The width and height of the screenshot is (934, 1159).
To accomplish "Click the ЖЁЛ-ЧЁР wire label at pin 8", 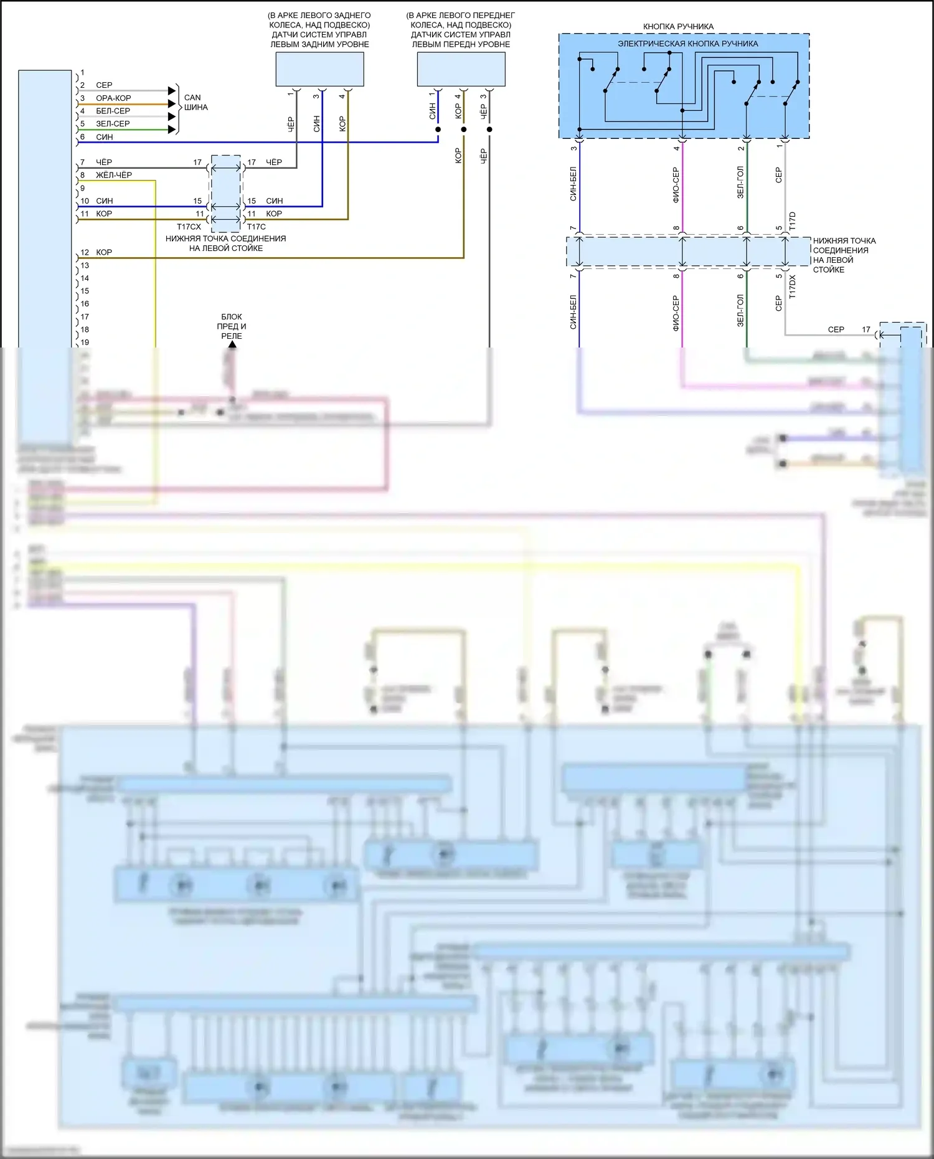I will tap(113, 175).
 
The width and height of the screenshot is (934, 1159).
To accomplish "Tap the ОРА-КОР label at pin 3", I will tap(113, 98).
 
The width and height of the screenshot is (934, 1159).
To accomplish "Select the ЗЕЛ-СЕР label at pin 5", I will tap(113, 124).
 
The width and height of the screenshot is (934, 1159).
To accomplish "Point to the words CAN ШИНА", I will tap(196, 102).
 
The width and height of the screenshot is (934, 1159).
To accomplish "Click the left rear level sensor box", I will tap(319, 69).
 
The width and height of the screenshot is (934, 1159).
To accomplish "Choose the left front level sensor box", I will tap(461, 69).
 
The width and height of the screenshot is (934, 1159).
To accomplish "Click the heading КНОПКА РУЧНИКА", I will tap(678, 27).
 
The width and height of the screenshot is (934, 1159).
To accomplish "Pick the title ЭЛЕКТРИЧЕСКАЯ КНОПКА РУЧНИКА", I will tap(687, 44).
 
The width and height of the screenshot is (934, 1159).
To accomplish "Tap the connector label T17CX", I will tap(189, 227).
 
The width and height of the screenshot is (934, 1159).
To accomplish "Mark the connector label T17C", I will tap(257, 227).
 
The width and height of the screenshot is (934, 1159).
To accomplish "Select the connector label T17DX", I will tap(793, 287).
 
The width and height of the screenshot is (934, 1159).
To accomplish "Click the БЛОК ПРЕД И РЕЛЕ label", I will tap(232, 326).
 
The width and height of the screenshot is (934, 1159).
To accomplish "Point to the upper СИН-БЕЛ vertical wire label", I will tap(573, 183).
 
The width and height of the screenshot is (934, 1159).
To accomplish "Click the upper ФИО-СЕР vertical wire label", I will tap(676, 184).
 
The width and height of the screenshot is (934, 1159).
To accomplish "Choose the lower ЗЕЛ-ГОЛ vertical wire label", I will tap(740, 311).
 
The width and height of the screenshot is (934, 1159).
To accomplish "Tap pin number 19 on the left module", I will tap(85, 343).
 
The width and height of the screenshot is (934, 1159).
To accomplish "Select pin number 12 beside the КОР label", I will tap(85, 252).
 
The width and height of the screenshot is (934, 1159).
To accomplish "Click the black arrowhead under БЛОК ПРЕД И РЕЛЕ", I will tap(232, 344).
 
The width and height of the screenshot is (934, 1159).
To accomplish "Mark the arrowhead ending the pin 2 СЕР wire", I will tap(172, 91).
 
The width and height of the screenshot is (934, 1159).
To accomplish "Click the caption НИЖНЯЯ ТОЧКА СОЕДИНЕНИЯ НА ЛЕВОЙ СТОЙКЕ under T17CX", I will tap(225, 244).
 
